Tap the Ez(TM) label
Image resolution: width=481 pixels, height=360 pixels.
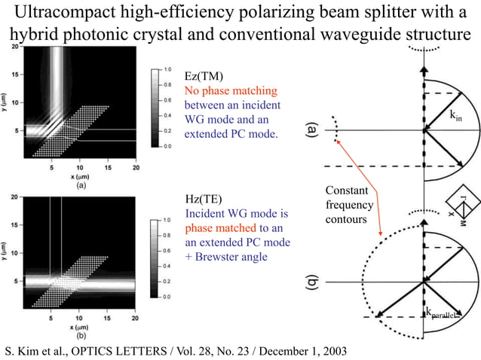(x=204, y=76)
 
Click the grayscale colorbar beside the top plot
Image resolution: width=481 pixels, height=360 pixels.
(x=155, y=108)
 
